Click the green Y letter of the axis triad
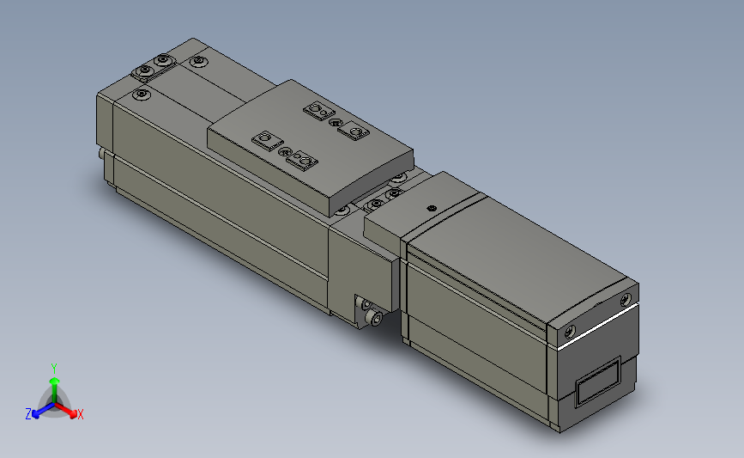tap(53, 367)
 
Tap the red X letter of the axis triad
tap(80, 414)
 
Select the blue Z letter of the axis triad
tap(28, 413)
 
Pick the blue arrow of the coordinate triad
tap(39, 408)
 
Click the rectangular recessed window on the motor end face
tap(598, 382)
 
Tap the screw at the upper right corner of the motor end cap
tap(623, 299)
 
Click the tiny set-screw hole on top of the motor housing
tap(432, 207)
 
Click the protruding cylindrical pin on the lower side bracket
tap(375, 319)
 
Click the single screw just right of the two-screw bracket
tap(199, 62)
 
